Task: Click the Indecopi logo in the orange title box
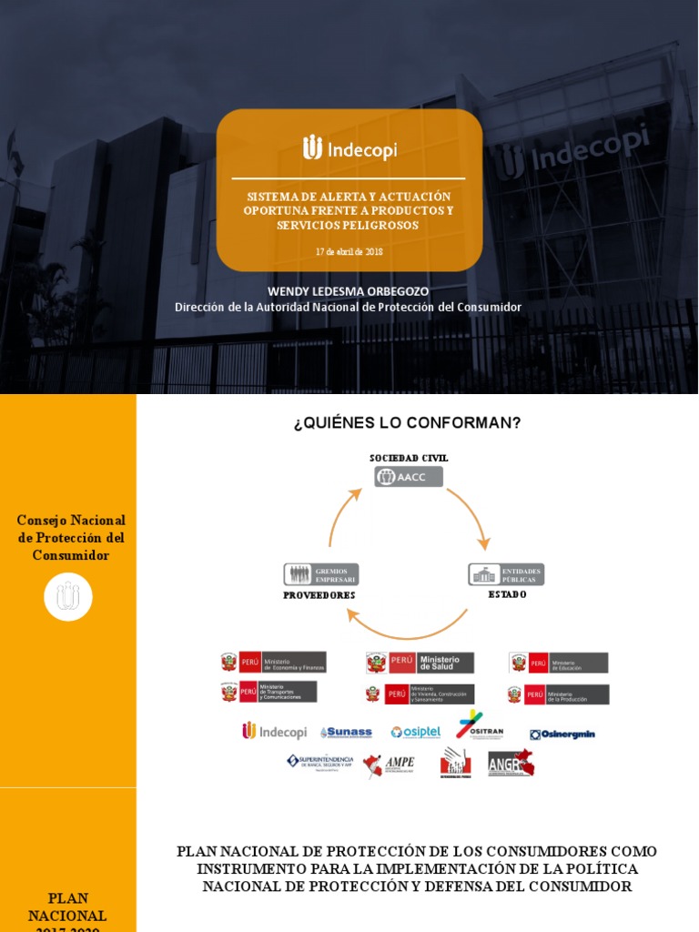point(349,148)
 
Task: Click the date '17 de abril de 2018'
point(349,251)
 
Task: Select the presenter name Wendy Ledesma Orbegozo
point(348,291)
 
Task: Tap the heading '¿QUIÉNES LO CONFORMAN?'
point(407,423)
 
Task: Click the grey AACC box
point(409,477)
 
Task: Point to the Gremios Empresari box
point(321,574)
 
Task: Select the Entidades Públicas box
point(506,574)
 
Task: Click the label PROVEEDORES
point(319,595)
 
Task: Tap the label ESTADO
point(507,594)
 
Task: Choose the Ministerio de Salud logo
point(420,663)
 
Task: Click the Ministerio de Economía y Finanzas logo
point(273,662)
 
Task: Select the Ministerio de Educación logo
point(558,663)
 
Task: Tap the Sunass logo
point(346,733)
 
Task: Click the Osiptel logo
point(416,733)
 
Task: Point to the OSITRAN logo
point(479,725)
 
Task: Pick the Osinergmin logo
point(562,734)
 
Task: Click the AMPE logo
point(389,765)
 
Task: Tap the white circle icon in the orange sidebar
point(68,597)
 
